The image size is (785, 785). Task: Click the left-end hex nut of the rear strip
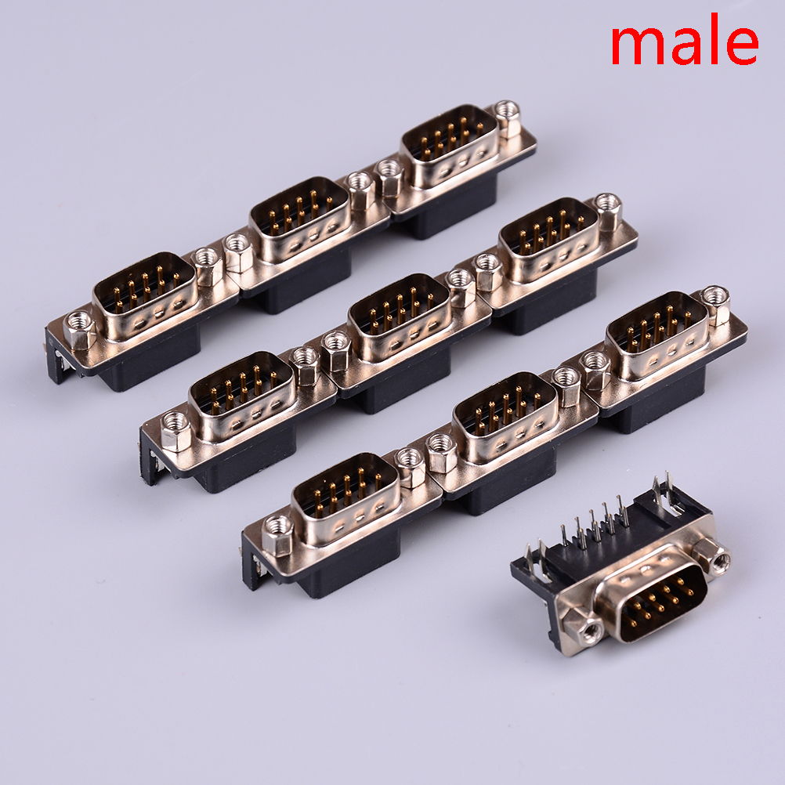pyautogui.click(x=79, y=329)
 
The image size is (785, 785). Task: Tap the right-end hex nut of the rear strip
pyautogui.click(x=508, y=118)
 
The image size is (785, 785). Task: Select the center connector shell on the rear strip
pyautogui.click(x=299, y=219)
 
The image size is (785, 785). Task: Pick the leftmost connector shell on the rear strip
pyautogui.click(x=144, y=295)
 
